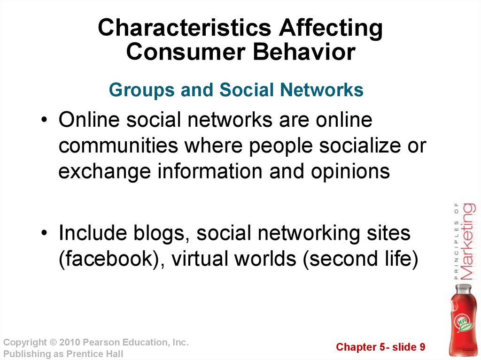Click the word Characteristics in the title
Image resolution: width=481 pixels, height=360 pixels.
[x=185, y=27]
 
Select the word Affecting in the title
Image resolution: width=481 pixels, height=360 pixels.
[x=331, y=29]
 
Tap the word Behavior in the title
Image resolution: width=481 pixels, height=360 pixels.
[x=304, y=52]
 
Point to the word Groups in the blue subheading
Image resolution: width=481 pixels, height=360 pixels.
[x=142, y=91]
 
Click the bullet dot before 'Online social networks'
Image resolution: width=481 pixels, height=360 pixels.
[x=45, y=119]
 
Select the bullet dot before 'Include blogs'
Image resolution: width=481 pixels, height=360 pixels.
[x=45, y=233]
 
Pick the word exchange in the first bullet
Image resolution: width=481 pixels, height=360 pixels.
[x=105, y=171]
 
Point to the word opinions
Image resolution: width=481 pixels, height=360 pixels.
[x=350, y=171]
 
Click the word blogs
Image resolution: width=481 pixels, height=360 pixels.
[x=161, y=233]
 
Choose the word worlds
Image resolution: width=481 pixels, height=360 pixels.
[x=266, y=259]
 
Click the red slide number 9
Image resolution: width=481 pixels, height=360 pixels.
[x=422, y=347]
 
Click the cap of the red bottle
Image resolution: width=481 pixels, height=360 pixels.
[x=463, y=288]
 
